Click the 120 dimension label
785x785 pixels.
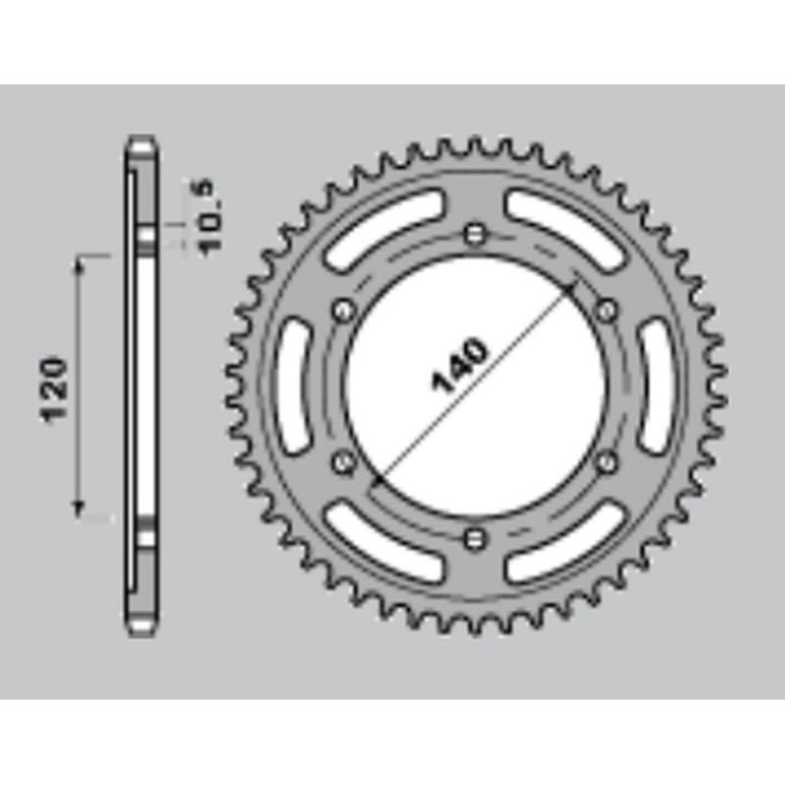(56, 389)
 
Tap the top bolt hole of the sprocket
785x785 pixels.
(476, 234)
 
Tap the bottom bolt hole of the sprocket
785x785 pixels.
(476, 536)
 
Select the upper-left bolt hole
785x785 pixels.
(343, 311)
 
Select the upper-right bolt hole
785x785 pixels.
(607, 311)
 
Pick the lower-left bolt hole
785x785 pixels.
(343, 459)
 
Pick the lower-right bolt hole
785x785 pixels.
(607, 459)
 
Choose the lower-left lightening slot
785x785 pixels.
(386, 543)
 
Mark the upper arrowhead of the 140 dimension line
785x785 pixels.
(573, 288)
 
